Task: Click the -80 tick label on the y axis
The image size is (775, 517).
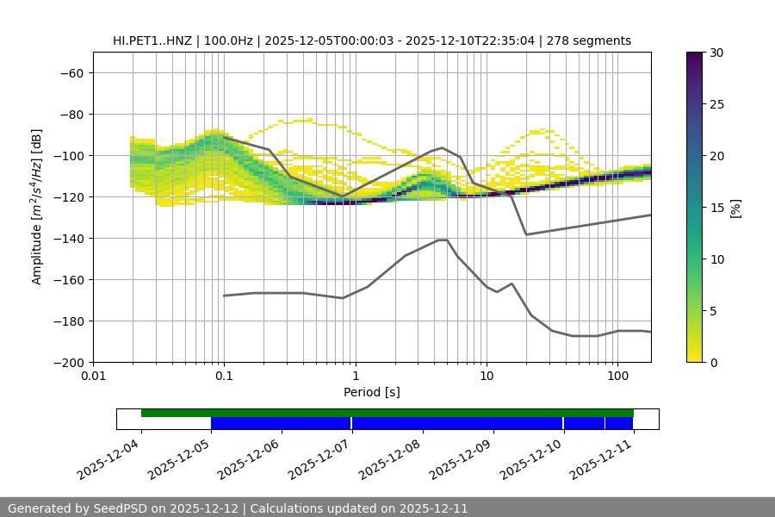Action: coord(71,115)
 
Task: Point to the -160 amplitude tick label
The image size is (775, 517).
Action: coord(69,280)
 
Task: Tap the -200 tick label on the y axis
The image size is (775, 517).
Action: coord(69,363)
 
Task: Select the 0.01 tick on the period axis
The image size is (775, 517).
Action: coord(93,377)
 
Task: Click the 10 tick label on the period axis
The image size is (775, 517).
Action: coord(487,377)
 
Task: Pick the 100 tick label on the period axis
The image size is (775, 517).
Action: coord(617,377)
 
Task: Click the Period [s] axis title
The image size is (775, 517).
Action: coord(372,393)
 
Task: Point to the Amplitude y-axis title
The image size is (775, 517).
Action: coord(37,207)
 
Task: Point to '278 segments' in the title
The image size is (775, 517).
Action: coord(594,40)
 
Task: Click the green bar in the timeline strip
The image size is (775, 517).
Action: coord(387,413)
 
